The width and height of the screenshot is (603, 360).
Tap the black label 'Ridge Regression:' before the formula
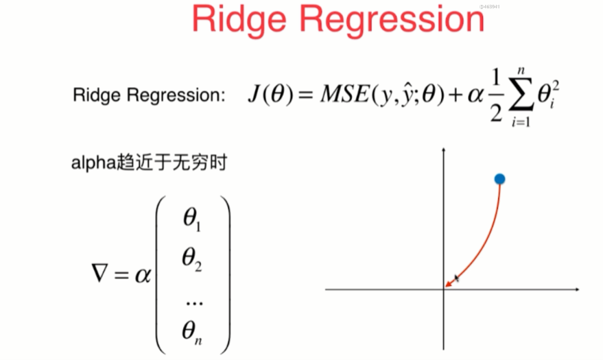tap(149, 95)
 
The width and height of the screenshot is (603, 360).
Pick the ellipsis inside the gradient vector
tap(193, 298)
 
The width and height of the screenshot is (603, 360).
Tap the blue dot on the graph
tap(499, 179)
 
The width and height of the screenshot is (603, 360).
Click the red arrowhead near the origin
tap(449, 282)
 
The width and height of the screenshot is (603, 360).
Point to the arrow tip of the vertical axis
tap(445, 150)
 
